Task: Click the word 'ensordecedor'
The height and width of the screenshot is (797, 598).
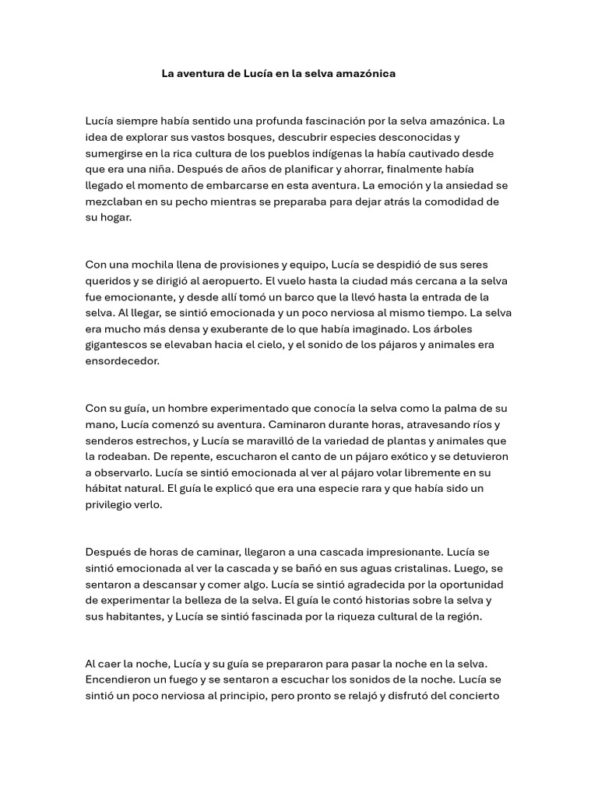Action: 122,361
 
